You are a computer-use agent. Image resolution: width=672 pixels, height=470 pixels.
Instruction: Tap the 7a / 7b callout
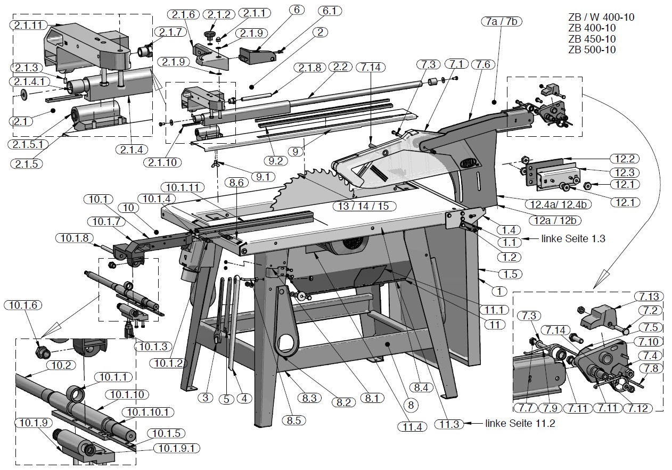click(502, 21)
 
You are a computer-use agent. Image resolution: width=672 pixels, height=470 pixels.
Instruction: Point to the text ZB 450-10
click(592, 39)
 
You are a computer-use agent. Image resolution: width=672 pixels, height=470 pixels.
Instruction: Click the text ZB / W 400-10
click(601, 18)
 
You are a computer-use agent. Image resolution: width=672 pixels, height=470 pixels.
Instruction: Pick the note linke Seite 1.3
click(573, 239)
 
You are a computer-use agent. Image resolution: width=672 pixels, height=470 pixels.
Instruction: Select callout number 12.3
click(624, 172)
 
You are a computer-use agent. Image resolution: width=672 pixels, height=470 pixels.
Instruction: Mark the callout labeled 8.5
click(293, 420)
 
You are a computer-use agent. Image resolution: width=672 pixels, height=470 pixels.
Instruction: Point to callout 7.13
click(646, 297)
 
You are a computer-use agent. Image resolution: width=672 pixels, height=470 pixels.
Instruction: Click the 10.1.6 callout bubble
click(20, 306)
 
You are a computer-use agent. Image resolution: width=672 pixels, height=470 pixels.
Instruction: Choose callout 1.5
click(510, 274)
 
